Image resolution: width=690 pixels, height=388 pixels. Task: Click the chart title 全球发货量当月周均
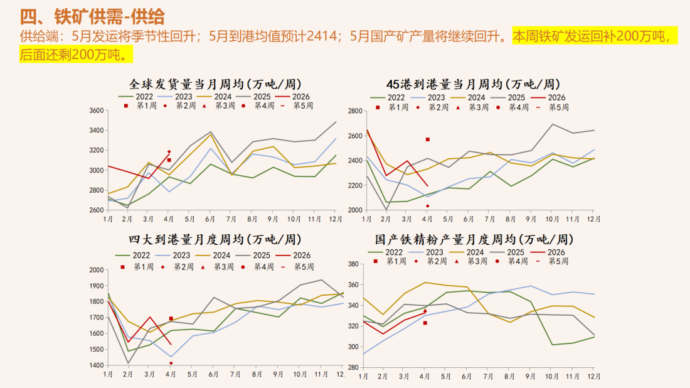215,84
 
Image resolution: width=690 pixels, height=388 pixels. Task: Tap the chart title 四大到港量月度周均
215,239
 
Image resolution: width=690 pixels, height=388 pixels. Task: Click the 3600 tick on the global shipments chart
95,110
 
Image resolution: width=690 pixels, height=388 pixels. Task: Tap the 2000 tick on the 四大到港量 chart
95,270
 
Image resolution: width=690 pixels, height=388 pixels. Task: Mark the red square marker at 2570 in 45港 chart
428,139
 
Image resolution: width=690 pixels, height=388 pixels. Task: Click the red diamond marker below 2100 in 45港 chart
428,205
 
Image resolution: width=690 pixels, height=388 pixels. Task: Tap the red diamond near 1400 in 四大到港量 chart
171,363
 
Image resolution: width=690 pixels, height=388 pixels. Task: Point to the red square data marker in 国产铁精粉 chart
425,323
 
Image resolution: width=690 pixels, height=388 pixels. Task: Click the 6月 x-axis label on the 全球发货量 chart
211,218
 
